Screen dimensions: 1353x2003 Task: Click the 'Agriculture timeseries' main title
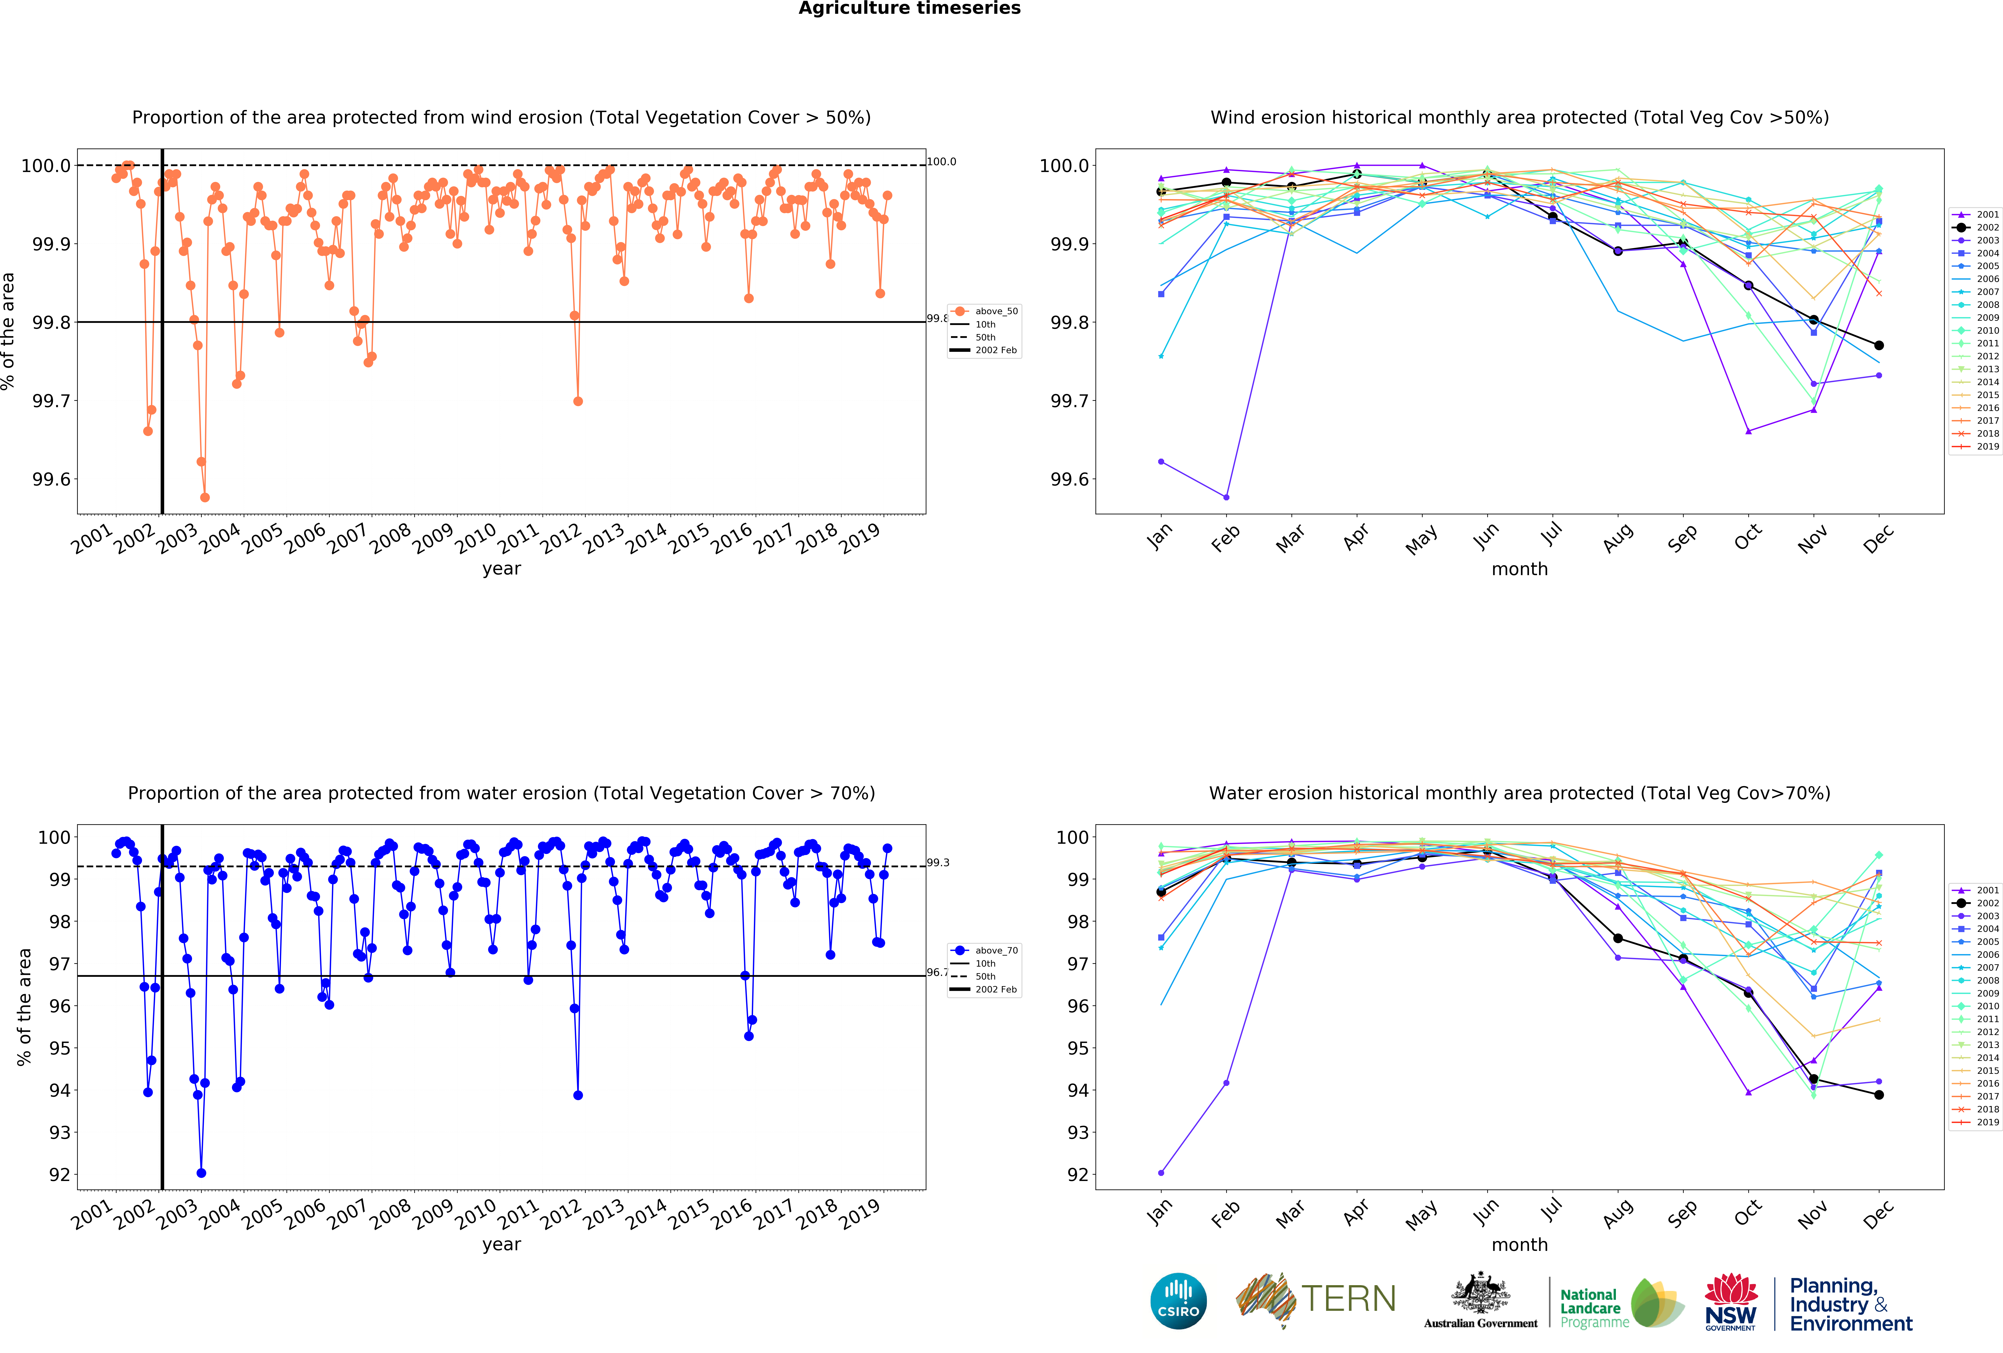click(909, 9)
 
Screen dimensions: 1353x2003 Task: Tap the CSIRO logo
click(1178, 1300)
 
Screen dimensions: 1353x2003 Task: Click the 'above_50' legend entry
click(995, 311)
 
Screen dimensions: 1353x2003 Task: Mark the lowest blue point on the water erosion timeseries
click(201, 1173)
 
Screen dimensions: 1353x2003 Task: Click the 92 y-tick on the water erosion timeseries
click(60, 1175)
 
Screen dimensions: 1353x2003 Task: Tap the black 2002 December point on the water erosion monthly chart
click(1879, 1095)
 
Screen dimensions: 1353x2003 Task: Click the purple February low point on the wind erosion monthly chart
click(1226, 497)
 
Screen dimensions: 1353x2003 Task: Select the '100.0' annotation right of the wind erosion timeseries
click(941, 161)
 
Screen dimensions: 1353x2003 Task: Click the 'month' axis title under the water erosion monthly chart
click(1519, 1244)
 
